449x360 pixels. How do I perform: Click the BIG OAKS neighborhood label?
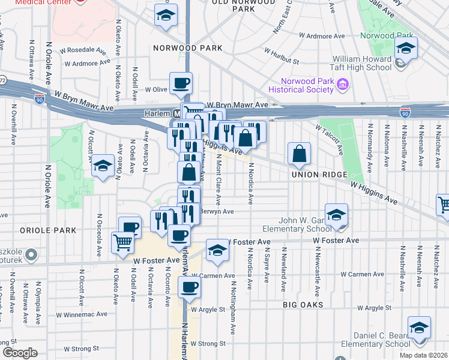point(303,305)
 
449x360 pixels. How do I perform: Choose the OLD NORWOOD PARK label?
point(243,5)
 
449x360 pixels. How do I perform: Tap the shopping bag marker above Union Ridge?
point(299,154)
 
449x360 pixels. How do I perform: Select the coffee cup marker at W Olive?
point(181,83)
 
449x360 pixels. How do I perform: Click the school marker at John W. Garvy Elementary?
point(336,215)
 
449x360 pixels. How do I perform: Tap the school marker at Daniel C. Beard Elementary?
point(418,328)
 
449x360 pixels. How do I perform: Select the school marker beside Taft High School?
point(406,48)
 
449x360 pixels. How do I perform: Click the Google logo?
point(20,353)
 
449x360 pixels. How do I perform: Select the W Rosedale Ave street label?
point(86,49)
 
